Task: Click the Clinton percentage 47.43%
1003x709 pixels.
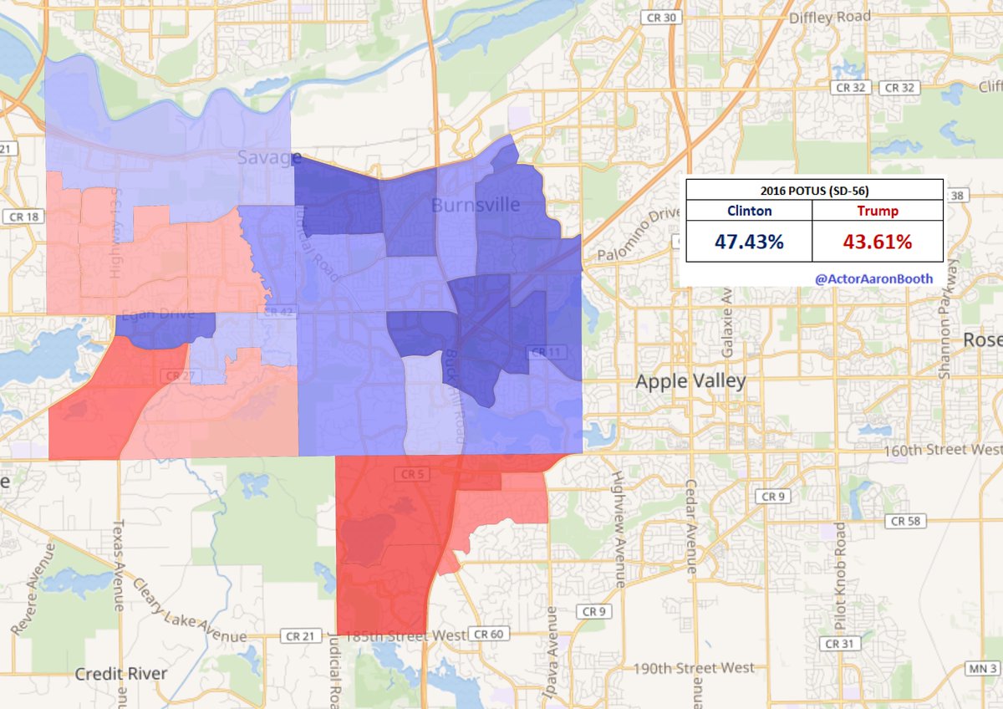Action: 749,242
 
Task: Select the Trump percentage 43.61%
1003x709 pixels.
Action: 877,242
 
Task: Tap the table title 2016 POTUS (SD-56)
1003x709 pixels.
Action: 814,190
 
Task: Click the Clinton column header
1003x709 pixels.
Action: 749,212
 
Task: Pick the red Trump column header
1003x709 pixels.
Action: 877,212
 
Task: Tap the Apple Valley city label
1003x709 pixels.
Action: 690,382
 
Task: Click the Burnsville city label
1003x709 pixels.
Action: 475,205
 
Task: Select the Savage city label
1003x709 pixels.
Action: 268,157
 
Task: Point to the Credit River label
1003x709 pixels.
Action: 122,674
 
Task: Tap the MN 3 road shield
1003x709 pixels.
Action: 983,668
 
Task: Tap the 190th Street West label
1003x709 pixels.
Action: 693,668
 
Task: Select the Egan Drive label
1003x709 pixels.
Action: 157,315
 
